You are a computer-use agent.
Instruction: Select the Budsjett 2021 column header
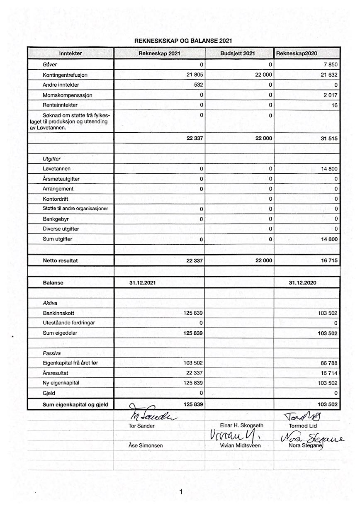point(238,53)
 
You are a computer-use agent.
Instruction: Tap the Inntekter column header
point(71,53)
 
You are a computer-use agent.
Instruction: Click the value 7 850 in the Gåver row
point(330,65)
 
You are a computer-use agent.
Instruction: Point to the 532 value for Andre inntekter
point(198,85)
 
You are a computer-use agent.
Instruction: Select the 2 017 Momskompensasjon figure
point(330,95)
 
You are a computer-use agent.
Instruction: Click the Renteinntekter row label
point(60,105)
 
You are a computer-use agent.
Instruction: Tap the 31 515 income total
point(329,139)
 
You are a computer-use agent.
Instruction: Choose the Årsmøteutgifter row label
point(61,179)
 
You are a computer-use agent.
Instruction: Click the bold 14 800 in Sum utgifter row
point(329,239)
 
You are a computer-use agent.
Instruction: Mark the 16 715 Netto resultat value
point(329,260)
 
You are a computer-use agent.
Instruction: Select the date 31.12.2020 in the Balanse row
point(303,283)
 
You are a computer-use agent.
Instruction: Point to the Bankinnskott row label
point(58,313)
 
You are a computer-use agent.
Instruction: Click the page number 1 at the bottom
point(181,492)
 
